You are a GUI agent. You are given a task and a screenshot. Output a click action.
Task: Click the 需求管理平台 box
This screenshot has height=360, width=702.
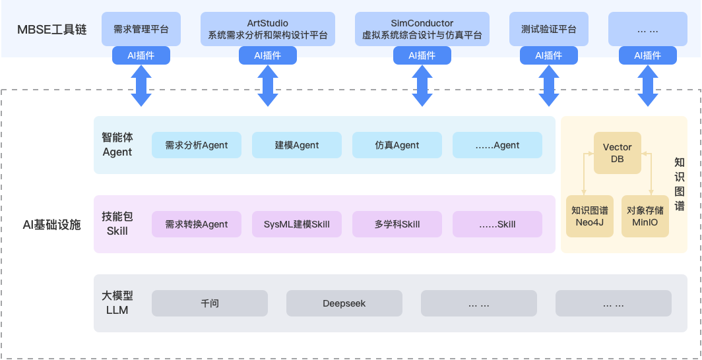(x=141, y=29)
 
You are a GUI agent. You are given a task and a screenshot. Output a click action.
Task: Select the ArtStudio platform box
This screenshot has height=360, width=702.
(x=267, y=29)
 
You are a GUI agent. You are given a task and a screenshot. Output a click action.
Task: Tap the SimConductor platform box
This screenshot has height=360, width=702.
(x=422, y=29)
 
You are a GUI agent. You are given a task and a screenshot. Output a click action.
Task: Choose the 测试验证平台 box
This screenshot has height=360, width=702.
(x=548, y=29)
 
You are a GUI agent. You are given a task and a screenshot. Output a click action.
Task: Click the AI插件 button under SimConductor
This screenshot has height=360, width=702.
(x=422, y=56)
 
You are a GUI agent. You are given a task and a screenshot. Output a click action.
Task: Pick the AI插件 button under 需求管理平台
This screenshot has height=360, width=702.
(x=141, y=56)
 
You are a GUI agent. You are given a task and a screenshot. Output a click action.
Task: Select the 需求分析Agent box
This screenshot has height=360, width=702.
(x=197, y=145)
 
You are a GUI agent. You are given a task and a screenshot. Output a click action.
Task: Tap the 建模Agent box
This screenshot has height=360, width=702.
(x=297, y=145)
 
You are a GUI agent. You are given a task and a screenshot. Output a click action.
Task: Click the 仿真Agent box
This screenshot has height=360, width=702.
(x=397, y=145)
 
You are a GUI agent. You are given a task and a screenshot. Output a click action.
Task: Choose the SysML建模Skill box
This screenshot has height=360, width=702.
(x=297, y=224)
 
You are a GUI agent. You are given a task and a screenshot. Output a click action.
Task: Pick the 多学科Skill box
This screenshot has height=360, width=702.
(x=397, y=224)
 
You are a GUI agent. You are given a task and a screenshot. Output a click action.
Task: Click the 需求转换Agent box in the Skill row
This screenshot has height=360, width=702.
(x=197, y=224)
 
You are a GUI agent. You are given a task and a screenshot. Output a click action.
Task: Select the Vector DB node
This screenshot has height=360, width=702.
(x=618, y=153)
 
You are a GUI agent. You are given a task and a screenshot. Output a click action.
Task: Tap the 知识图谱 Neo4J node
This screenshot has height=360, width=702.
(x=590, y=216)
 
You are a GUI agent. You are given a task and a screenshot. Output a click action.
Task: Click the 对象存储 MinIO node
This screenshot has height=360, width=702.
(x=645, y=216)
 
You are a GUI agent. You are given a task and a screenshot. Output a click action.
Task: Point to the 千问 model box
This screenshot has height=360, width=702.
(x=210, y=303)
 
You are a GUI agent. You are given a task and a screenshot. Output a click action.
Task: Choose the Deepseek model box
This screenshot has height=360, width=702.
(x=344, y=303)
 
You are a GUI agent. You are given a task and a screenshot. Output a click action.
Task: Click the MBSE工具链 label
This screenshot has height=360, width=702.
(x=52, y=30)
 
